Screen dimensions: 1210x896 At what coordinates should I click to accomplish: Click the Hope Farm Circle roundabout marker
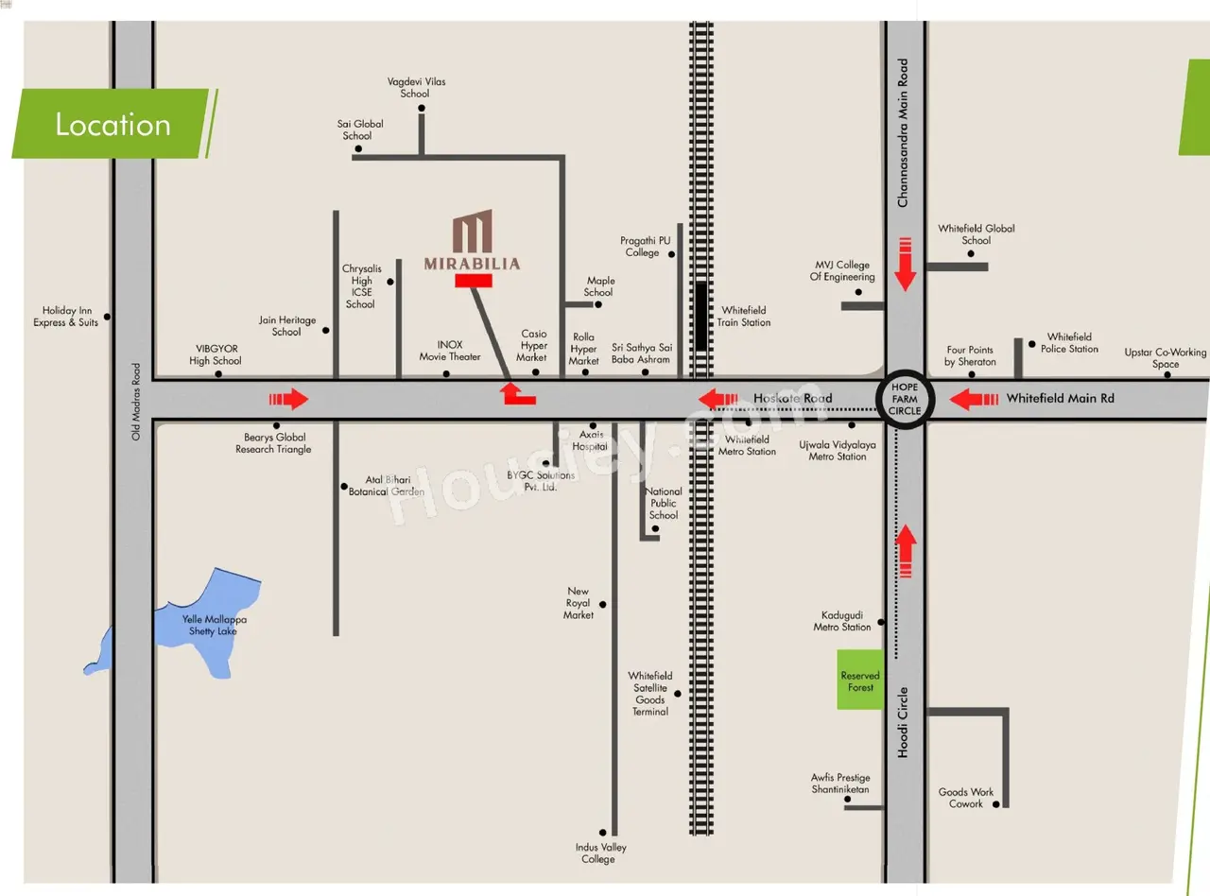[x=905, y=399]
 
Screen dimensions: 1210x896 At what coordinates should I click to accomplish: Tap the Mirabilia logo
[x=473, y=231]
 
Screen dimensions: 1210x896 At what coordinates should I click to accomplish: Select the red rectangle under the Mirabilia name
[x=474, y=281]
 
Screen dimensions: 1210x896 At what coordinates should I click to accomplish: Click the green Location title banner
[x=114, y=124]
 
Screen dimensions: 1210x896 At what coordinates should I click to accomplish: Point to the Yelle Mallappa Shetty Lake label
[x=214, y=625]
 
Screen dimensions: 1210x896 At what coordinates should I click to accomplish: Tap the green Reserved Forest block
[x=860, y=680]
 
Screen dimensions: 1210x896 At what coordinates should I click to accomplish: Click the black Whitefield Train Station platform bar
[x=701, y=316]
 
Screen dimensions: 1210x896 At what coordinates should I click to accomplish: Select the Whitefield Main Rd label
[x=1060, y=398]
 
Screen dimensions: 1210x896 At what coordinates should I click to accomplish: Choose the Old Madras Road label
[x=136, y=402]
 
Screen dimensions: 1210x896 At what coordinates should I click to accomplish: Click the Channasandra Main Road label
[x=903, y=132]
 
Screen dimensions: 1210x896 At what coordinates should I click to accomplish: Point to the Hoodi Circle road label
[x=903, y=722]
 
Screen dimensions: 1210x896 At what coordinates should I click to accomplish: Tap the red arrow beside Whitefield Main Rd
[x=974, y=400]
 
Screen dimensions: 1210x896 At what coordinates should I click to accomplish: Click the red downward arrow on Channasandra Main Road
[x=905, y=264]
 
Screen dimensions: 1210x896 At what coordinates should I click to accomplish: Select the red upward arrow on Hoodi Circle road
[x=906, y=551]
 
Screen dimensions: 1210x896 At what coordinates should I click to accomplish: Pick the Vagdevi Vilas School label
[x=416, y=87]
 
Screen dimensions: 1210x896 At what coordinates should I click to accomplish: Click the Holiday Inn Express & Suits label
[x=66, y=317]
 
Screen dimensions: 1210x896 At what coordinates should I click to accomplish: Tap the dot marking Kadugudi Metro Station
[x=880, y=622]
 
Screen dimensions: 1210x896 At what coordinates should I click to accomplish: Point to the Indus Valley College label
[x=600, y=853]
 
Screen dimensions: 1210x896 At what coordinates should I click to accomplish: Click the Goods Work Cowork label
[x=965, y=798]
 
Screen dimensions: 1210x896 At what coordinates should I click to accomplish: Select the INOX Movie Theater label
[x=450, y=351]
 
